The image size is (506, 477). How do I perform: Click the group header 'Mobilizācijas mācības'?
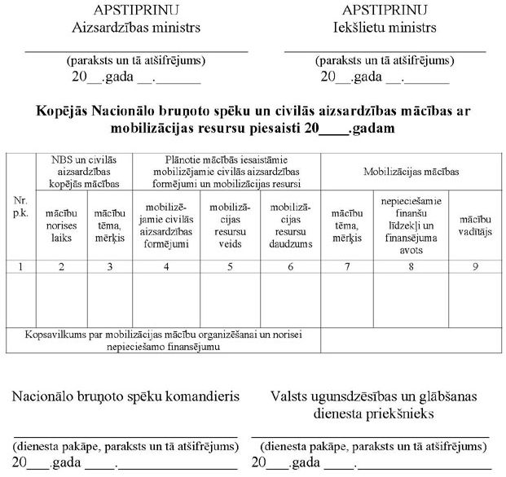[x=409, y=172]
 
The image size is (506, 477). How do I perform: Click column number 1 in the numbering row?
[x=20, y=266]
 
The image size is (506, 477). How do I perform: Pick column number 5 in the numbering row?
[x=230, y=266]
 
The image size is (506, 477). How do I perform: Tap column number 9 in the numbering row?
[x=473, y=266]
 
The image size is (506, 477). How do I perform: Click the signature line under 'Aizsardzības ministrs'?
[x=136, y=50]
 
